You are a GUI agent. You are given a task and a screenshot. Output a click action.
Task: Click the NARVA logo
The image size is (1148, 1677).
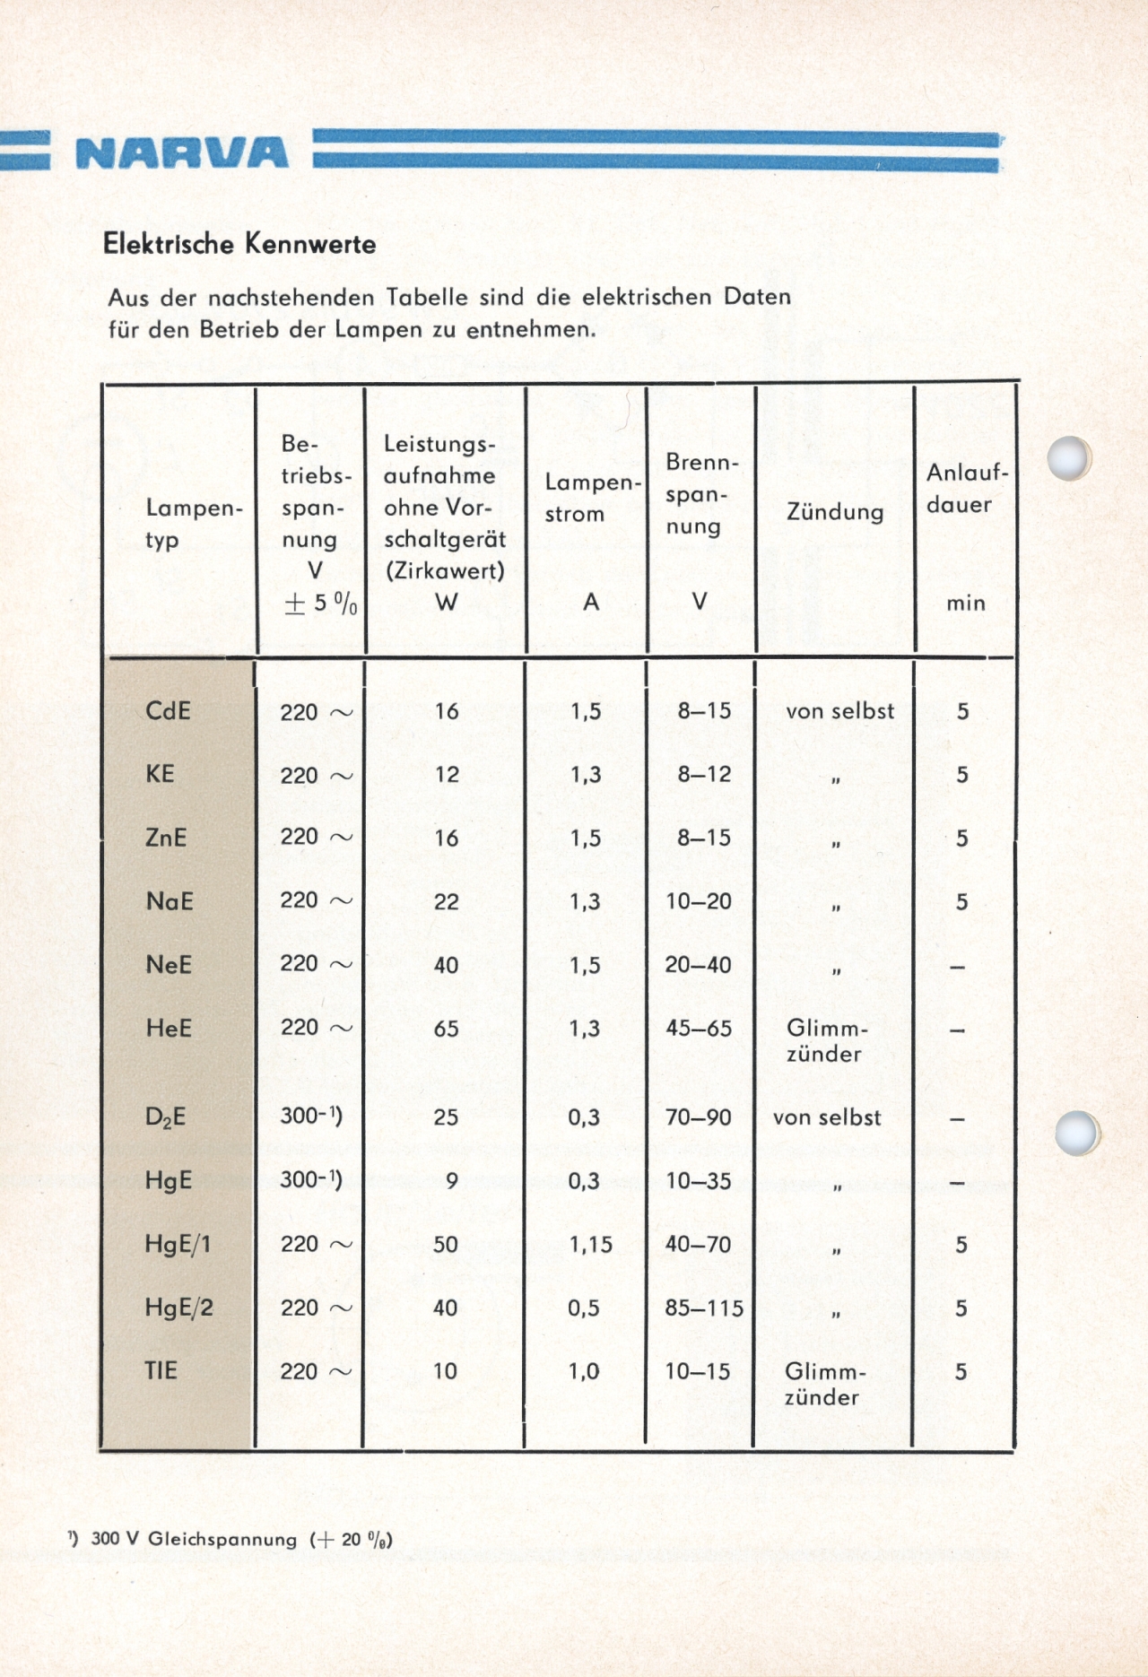point(182,152)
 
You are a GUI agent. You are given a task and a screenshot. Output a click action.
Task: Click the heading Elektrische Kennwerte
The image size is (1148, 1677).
point(239,244)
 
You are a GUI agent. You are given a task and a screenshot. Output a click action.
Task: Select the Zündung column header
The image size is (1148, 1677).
point(835,512)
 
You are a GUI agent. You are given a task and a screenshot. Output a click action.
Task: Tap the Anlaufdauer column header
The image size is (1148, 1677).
point(967,489)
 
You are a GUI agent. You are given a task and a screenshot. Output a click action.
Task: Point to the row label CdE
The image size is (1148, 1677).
point(168,711)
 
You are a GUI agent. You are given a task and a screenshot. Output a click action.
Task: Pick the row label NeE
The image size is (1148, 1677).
point(169,965)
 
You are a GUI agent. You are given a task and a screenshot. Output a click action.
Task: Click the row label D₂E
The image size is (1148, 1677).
point(166,1117)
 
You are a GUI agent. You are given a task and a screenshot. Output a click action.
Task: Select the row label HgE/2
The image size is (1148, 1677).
point(179,1308)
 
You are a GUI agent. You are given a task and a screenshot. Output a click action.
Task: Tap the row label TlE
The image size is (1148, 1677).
point(161,1370)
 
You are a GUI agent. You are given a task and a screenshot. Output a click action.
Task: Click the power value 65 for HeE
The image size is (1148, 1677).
point(446,1029)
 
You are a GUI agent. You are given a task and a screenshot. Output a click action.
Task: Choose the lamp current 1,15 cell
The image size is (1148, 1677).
point(590,1245)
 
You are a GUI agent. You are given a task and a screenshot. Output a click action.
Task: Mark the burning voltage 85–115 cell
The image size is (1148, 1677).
point(704,1308)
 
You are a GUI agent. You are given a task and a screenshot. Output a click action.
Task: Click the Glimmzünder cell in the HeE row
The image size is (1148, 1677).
point(826,1040)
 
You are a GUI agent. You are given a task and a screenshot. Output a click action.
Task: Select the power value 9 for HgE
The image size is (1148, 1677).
point(451,1181)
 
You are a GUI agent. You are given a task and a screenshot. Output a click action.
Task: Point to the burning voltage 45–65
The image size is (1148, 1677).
point(699,1029)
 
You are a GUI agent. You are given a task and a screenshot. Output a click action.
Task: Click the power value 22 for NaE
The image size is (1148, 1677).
point(446,902)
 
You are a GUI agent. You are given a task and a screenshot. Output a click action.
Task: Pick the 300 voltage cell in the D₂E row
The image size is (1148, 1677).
point(310,1117)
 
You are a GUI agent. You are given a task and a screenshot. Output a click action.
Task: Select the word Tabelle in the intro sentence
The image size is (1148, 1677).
point(427,297)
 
